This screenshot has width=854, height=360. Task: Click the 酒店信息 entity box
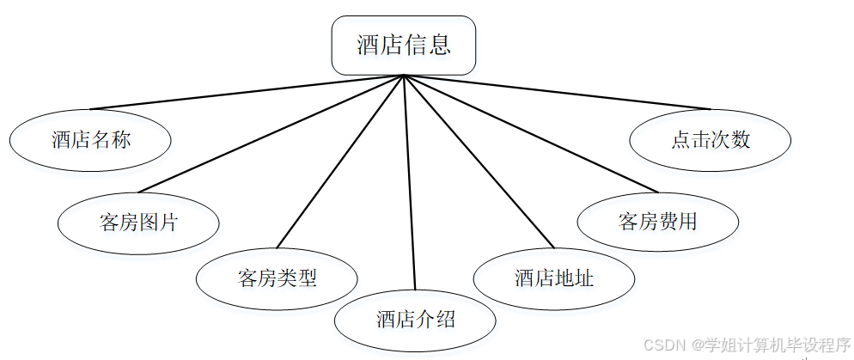pos(404,46)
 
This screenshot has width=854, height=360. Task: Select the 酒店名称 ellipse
pos(90,140)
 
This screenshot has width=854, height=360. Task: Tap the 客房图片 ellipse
pos(138,223)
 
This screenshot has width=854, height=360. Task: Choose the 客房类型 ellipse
pos(277,278)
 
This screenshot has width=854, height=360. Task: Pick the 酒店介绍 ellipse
pos(415,320)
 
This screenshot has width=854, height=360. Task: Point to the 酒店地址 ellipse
pos(554,278)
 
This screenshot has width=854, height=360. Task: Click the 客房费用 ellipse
pos(657,223)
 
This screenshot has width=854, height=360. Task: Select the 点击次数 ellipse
pos(710,140)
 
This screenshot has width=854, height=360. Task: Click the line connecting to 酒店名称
pos(247,92)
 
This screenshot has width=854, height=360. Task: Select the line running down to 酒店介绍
pos(410,183)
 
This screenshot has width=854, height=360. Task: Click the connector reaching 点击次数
pos(557,92)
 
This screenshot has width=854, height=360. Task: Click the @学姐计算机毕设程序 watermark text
pos(771,345)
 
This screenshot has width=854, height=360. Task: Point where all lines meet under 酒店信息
pos(404,76)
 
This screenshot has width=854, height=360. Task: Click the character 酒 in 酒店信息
pos(369,46)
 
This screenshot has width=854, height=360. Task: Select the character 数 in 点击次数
pos(740,140)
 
